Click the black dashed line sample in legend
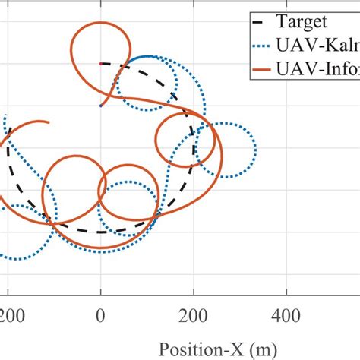(x=265, y=21)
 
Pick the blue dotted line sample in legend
(x=265, y=44)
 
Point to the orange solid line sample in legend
(x=265, y=67)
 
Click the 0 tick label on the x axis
(x=100, y=313)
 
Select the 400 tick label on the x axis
(x=286, y=313)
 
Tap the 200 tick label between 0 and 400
(x=193, y=313)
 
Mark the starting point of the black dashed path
(x=101, y=64)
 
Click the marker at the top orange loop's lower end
(x=100, y=106)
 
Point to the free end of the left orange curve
(x=50, y=122)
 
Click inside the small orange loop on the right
(x=176, y=139)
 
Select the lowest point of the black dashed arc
(x=100, y=232)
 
